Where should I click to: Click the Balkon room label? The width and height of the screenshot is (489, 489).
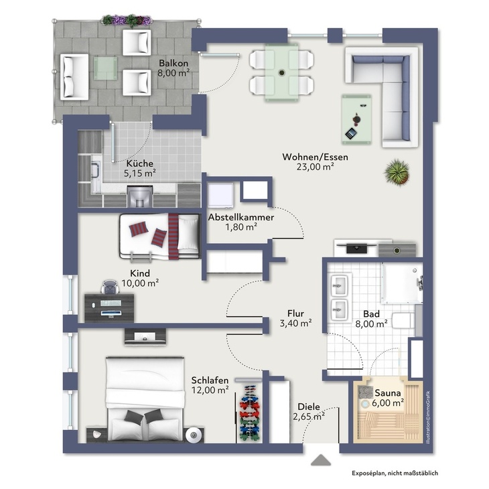(x=173, y=63)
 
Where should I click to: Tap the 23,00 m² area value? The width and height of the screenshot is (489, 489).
(x=316, y=167)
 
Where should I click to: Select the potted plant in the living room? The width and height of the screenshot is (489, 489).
(x=397, y=172)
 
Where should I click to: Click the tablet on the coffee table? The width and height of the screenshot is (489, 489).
(x=351, y=133)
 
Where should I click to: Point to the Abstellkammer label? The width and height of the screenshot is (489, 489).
(x=241, y=217)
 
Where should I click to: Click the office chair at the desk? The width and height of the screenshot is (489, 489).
(x=110, y=287)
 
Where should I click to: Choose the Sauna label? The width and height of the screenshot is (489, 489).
(x=388, y=393)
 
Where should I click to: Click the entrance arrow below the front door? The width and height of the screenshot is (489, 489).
(x=321, y=460)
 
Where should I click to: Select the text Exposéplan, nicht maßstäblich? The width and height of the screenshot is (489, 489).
(x=395, y=473)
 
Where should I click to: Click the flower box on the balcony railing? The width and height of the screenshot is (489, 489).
(x=127, y=20)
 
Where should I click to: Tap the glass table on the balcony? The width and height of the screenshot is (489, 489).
(x=105, y=68)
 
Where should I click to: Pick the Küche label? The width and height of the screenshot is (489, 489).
(x=140, y=163)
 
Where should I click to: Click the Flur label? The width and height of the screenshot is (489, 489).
(x=295, y=313)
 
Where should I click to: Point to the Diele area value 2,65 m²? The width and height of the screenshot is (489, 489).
(x=309, y=417)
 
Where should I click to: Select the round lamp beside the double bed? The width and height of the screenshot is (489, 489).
(x=193, y=435)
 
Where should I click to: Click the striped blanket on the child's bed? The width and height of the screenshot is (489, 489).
(x=173, y=236)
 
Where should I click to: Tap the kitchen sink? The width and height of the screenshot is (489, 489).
(x=95, y=170)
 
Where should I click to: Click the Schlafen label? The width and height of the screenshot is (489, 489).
(x=210, y=380)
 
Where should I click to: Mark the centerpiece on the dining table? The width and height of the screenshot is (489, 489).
(x=282, y=72)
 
